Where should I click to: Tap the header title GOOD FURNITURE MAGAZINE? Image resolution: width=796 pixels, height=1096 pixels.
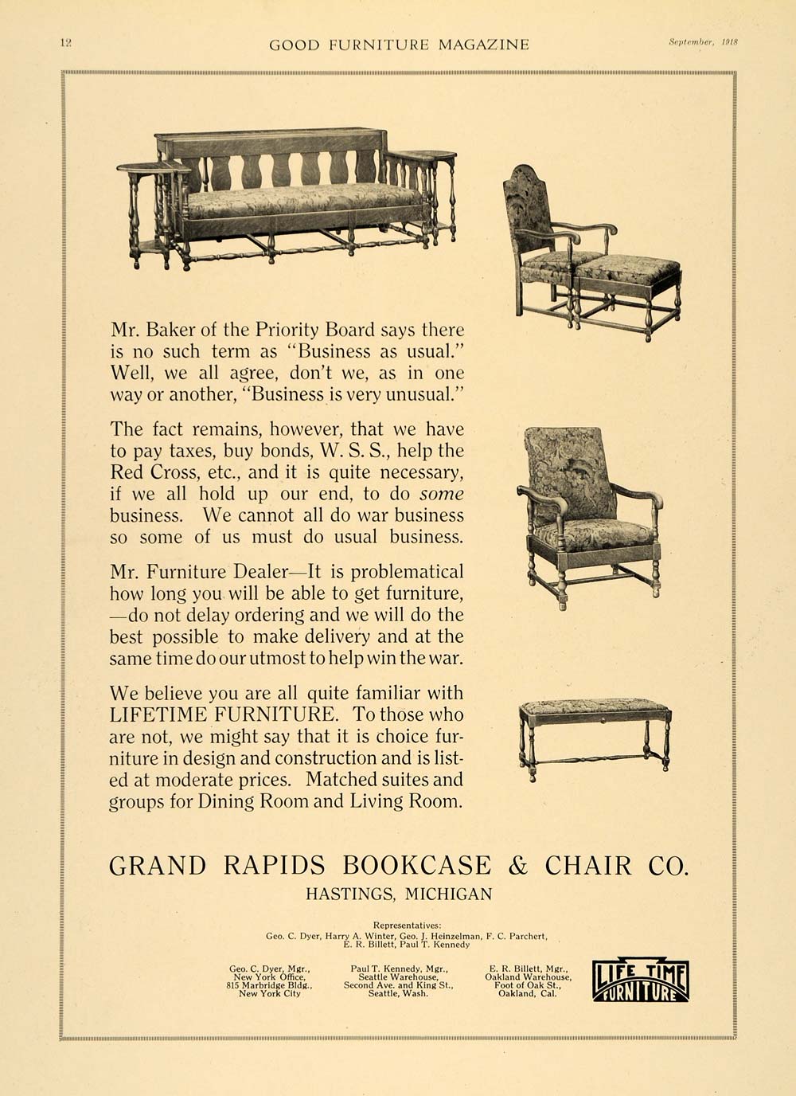click(x=399, y=45)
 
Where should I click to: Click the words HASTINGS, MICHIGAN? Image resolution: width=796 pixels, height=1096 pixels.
click(x=399, y=894)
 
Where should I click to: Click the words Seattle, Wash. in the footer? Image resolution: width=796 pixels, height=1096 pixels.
click(x=398, y=993)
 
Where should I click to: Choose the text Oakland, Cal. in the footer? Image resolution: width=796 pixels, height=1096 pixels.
click(x=527, y=993)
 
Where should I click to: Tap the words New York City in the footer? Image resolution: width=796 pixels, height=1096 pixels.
click(x=269, y=993)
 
